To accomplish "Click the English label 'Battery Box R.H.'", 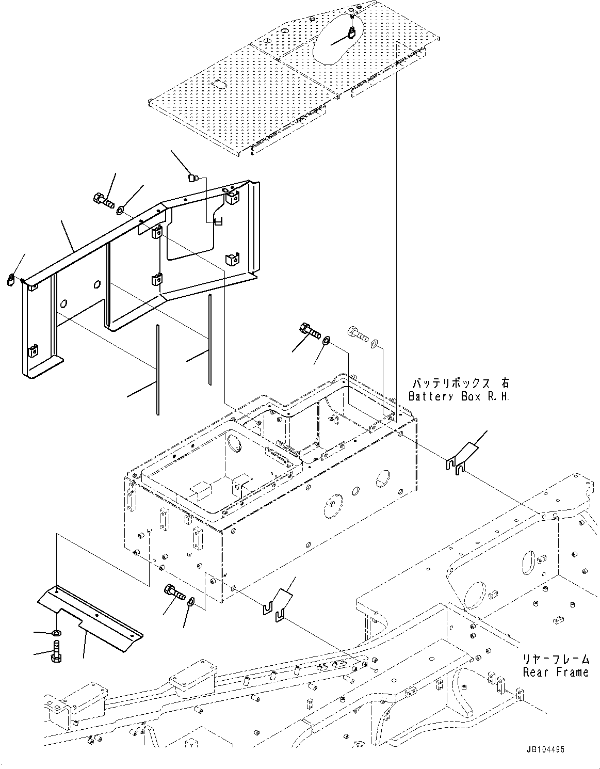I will [x=458, y=396].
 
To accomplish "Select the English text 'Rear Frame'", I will [x=555, y=672].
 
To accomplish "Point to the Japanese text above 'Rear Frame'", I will [x=555, y=659].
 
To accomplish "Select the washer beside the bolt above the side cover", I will [x=120, y=210].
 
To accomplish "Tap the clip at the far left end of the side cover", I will [x=12, y=280].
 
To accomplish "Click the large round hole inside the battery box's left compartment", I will [x=234, y=442].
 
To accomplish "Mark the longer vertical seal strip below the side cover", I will [x=156, y=369].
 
